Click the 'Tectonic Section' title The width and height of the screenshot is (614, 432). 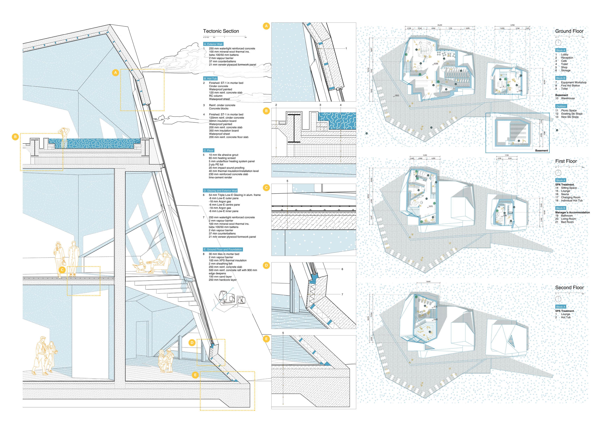[221, 31]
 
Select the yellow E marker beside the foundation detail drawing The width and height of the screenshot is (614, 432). [266, 339]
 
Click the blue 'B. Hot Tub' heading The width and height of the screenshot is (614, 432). [210, 79]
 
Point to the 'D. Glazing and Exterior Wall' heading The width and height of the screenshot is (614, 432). [220, 191]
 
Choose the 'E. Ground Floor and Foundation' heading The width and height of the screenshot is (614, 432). [223, 249]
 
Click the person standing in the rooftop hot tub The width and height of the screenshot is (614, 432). [64, 136]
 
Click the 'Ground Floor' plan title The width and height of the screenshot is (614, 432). [569, 31]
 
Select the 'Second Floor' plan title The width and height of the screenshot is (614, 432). [569, 288]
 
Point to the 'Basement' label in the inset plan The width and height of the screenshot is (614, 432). [541, 151]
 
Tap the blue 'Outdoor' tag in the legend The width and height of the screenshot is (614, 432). [561, 106]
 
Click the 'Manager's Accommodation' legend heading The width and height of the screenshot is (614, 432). [572, 212]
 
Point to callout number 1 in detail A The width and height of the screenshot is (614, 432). [346, 48]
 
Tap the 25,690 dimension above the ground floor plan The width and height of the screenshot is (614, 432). [440, 25]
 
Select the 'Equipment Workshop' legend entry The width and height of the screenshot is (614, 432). [574, 82]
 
